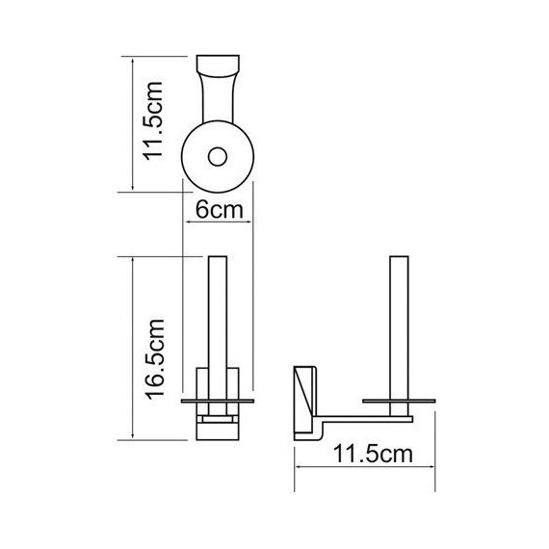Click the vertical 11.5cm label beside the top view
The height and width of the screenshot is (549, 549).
tap(153, 120)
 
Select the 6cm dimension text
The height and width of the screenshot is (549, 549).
tap(220, 210)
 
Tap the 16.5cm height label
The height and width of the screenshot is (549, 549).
tap(155, 359)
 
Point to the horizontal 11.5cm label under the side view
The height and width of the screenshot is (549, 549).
tap(373, 454)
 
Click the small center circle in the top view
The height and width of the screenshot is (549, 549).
tap(218, 156)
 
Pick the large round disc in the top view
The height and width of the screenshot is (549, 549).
tap(218, 156)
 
